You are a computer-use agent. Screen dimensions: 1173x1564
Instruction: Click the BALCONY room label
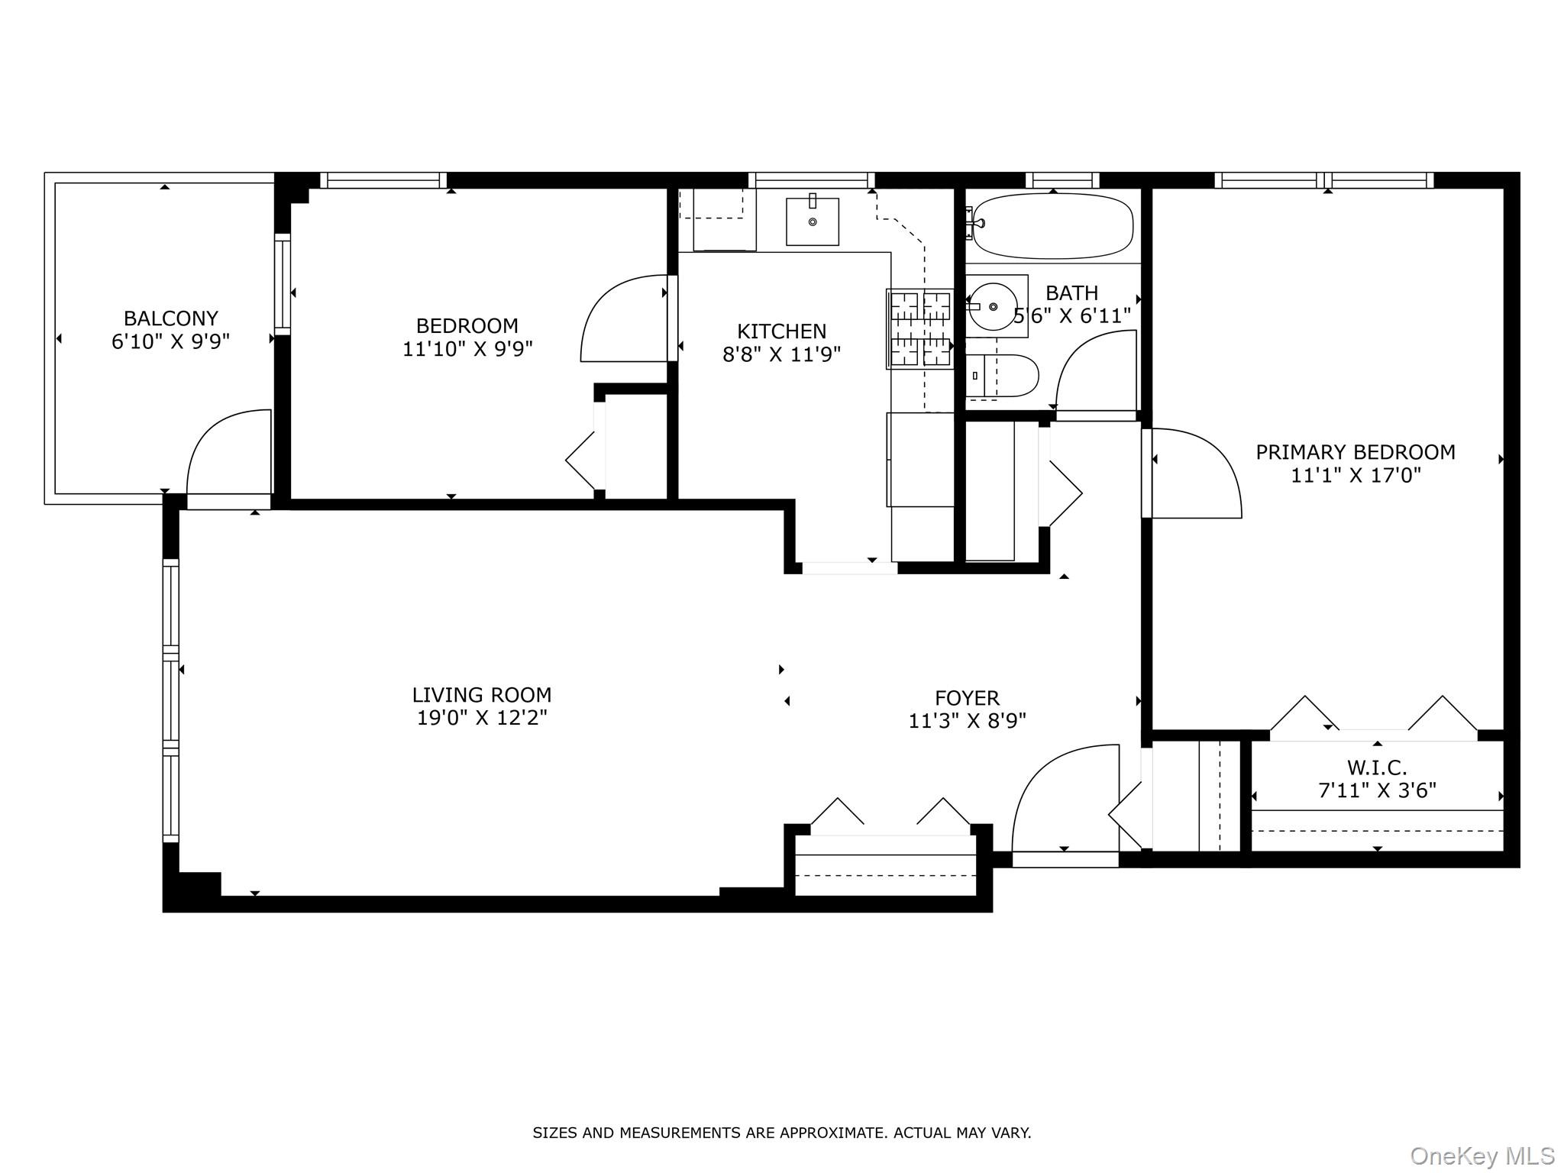point(170,318)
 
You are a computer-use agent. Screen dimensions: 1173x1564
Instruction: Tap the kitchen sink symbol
point(813,221)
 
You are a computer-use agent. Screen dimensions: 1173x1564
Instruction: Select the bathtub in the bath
point(1052,226)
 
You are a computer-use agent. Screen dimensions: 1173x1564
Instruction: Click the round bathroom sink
point(993,306)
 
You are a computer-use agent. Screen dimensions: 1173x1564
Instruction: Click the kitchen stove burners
point(920,328)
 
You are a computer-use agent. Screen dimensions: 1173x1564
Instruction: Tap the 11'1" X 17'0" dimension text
point(1356,476)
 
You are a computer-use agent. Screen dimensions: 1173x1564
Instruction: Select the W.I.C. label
point(1377,767)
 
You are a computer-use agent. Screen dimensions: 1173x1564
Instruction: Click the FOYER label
point(967,698)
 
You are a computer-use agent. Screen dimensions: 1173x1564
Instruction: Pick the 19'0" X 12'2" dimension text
point(482,718)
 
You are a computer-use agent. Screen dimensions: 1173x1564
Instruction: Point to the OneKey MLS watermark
point(1482,1155)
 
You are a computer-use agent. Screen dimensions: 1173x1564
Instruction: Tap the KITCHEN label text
point(781,331)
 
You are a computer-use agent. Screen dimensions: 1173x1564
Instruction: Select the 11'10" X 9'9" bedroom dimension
point(467,349)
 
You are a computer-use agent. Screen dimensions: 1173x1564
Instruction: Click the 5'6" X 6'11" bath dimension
point(1072,316)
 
